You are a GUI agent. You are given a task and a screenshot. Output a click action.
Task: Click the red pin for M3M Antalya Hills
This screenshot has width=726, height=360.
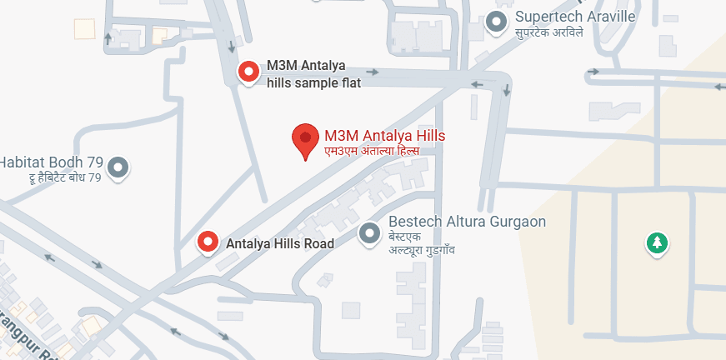(305, 139)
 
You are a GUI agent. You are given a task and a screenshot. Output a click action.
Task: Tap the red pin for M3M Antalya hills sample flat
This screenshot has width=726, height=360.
(248, 72)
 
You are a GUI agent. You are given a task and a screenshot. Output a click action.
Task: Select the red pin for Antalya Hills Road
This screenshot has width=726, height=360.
(207, 242)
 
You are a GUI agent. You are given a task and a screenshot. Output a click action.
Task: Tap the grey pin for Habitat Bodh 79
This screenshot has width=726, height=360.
(119, 167)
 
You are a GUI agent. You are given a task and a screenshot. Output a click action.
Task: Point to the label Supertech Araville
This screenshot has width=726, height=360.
(575, 17)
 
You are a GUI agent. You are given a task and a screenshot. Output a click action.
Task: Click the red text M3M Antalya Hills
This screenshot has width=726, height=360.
(384, 136)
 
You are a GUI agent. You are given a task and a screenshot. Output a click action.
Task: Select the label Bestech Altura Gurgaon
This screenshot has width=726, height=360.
(467, 222)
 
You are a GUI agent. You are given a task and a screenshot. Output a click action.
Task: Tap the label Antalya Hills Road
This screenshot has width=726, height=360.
(280, 243)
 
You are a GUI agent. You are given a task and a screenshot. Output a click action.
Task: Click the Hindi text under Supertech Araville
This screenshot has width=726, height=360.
(548, 32)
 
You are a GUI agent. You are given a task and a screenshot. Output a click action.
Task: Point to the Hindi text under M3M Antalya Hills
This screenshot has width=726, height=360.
(371, 151)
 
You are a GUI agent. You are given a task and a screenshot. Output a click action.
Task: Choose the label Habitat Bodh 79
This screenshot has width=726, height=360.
(52, 162)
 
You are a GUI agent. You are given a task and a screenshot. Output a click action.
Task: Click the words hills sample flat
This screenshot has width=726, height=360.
(313, 82)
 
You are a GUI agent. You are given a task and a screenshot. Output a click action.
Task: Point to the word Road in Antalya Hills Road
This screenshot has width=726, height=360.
(318, 243)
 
